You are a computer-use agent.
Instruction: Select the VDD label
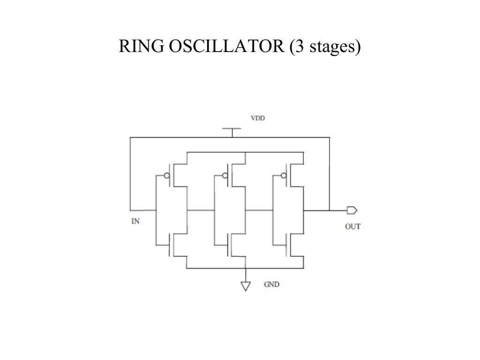(257, 119)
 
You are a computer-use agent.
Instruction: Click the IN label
(135, 221)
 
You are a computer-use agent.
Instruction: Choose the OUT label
(352, 226)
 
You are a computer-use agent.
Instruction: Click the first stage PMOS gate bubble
(166, 176)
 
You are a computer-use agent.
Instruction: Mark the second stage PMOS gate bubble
(225, 176)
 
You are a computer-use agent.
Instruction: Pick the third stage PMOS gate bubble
(283, 176)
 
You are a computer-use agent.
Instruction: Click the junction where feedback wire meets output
(330, 210)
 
